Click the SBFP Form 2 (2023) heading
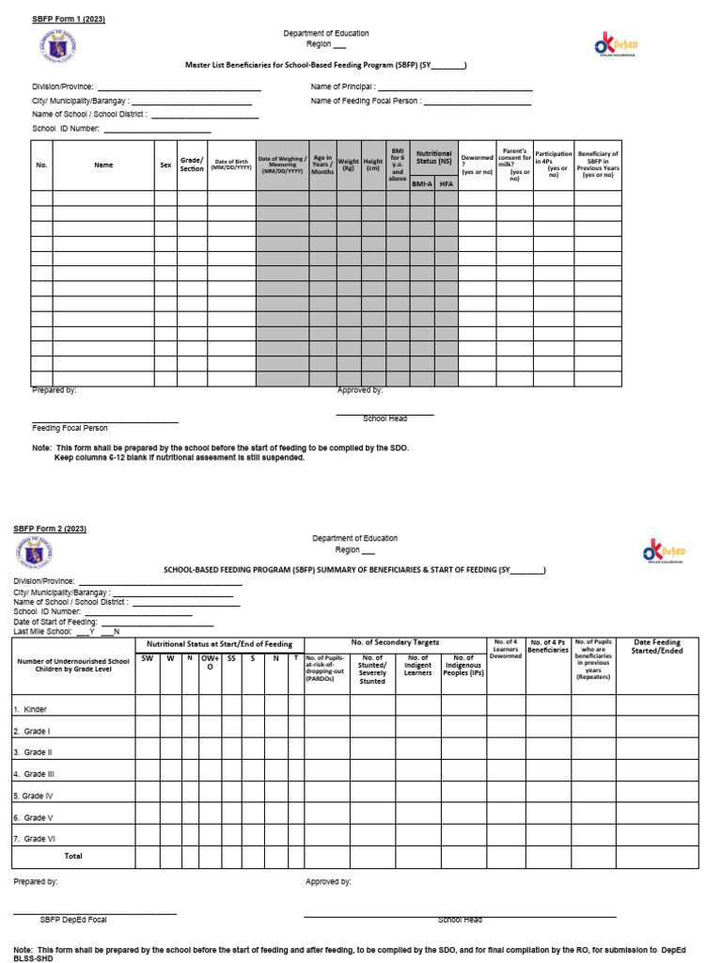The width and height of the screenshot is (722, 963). pyautogui.click(x=50, y=529)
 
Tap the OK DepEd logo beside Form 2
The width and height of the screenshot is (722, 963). pyautogui.click(x=664, y=552)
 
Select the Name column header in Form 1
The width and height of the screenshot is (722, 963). pyautogui.click(x=103, y=165)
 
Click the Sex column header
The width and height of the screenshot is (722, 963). pyautogui.click(x=165, y=165)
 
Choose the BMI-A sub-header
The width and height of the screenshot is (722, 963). pyautogui.click(x=422, y=184)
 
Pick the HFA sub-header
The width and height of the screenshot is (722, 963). pyautogui.click(x=446, y=184)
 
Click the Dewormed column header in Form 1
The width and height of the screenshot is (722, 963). pyautogui.click(x=477, y=165)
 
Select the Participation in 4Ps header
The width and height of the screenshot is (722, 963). pyautogui.click(x=554, y=163)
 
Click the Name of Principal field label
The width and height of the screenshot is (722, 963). pyautogui.click(x=342, y=87)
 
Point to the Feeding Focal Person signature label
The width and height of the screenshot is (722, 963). pyautogui.click(x=70, y=428)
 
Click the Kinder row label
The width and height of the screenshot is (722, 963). pyautogui.click(x=30, y=709)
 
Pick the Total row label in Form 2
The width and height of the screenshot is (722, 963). pyautogui.click(x=72, y=857)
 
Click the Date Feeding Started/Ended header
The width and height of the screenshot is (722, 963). pyautogui.click(x=657, y=646)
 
